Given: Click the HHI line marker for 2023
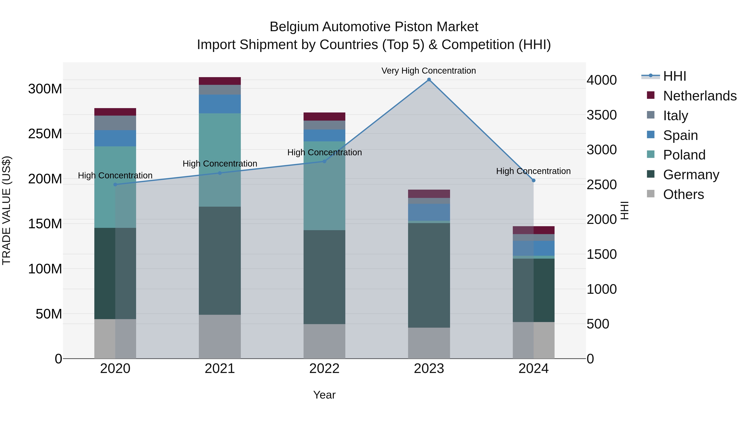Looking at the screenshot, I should tap(429, 80).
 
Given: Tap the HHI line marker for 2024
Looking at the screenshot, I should tap(533, 180).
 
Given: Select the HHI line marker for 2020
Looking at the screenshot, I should tap(115, 184).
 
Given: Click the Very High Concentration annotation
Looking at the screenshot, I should tap(429, 71).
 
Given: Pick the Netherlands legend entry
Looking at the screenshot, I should tap(700, 96).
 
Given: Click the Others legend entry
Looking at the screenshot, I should tap(683, 194).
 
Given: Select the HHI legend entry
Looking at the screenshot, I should tap(674, 76).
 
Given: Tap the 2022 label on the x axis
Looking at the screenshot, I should tap(324, 369).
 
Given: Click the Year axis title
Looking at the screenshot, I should tap(324, 395).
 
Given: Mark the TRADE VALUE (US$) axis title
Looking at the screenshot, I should tap(6, 210).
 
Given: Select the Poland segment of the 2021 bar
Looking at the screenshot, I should tap(220, 160).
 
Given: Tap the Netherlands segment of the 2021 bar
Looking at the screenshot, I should tap(220, 81).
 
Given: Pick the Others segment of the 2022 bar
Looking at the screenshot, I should tap(324, 341).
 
